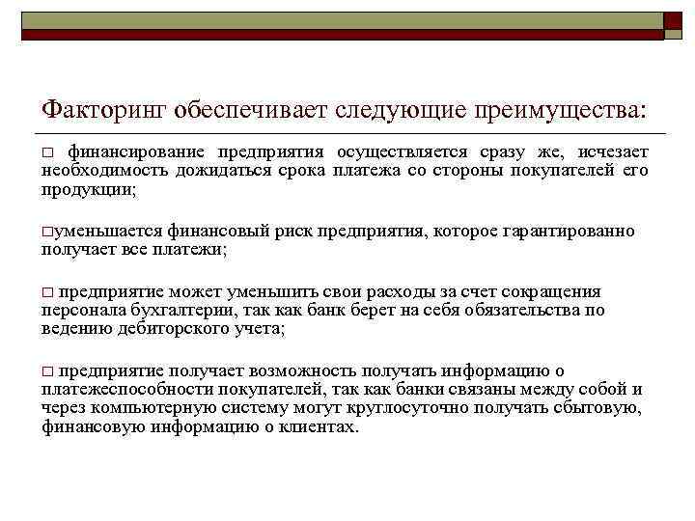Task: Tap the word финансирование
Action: coord(136,153)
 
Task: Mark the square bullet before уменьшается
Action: coord(46,233)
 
